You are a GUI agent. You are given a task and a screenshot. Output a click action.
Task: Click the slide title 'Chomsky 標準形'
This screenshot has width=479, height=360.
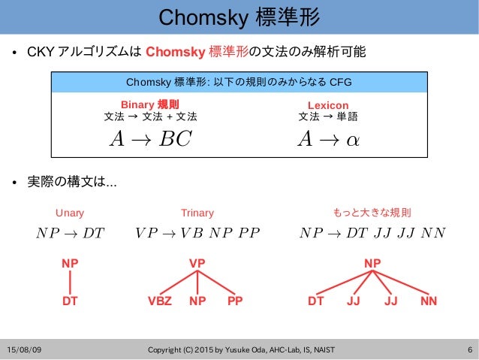(x=239, y=17)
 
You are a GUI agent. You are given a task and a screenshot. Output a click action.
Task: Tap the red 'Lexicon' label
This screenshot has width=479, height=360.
(x=328, y=105)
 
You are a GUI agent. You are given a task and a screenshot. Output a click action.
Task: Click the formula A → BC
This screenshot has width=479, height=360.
(x=150, y=138)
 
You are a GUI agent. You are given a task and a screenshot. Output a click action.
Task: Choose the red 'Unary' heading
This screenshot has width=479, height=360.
(x=70, y=213)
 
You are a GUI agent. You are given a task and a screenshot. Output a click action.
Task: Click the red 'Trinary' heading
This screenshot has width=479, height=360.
(x=197, y=213)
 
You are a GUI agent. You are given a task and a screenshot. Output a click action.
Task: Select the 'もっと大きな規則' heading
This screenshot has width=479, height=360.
(x=372, y=213)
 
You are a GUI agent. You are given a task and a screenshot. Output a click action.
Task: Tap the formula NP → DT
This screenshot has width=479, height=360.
(x=70, y=232)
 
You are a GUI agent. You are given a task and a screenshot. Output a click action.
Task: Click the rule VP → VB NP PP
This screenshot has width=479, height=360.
(x=197, y=232)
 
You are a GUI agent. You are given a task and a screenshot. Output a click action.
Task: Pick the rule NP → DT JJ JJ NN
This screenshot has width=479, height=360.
(x=372, y=232)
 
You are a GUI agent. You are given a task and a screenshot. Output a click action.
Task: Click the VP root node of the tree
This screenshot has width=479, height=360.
(x=197, y=264)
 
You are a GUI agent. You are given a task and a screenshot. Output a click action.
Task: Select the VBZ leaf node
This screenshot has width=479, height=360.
(x=160, y=301)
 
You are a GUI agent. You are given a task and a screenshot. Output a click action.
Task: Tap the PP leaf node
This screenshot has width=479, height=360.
(x=235, y=301)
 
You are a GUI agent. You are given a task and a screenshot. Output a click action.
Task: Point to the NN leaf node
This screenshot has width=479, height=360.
(x=429, y=301)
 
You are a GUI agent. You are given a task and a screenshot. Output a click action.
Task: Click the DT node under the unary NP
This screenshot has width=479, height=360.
(x=70, y=301)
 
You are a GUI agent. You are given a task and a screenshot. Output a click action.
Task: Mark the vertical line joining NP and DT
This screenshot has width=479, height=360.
(x=70, y=283)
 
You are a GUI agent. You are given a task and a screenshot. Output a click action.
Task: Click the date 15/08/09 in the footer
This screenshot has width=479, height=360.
(x=26, y=350)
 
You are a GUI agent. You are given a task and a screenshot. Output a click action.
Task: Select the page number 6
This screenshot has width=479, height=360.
(x=468, y=350)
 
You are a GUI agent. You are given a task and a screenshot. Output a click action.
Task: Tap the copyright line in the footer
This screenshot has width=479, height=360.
(x=242, y=350)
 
